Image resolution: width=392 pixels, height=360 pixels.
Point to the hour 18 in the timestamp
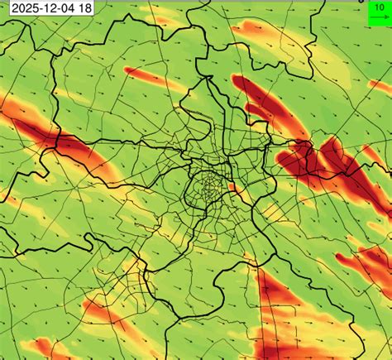(x=84, y=8)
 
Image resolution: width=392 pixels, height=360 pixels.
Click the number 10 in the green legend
(x=377, y=6)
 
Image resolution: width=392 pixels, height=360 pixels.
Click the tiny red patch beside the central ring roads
(x=232, y=187)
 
